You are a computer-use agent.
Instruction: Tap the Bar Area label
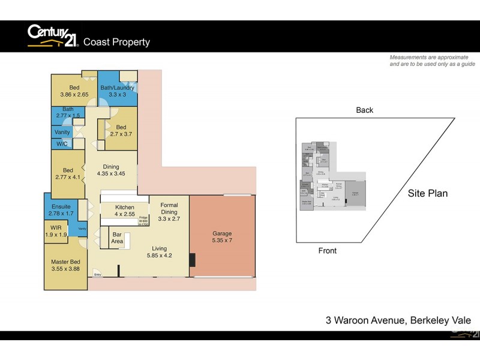pyautogui.click(x=117, y=237)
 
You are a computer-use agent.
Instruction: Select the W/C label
pyautogui.click(x=62, y=144)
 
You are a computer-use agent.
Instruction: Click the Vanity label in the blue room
pyautogui.click(x=62, y=132)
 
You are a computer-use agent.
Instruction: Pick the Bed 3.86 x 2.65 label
pyautogui.click(x=74, y=91)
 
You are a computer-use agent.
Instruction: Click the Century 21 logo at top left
pyautogui.click(x=52, y=37)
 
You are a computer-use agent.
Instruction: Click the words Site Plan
pyautogui.click(x=428, y=194)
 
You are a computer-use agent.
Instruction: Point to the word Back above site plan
pyautogui.click(x=364, y=110)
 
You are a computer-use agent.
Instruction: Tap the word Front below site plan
pyautogui.click(x=328, y=251)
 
